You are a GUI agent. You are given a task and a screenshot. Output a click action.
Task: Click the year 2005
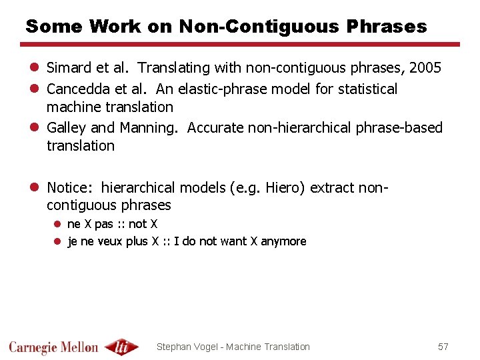(425, 68)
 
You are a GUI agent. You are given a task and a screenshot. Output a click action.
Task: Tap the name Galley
(66, 127)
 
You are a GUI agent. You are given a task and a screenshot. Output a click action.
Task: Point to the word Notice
(69, 187)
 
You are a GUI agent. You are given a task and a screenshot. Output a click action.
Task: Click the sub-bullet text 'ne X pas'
(90, 224)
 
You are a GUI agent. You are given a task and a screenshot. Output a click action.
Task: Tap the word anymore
(283, 241)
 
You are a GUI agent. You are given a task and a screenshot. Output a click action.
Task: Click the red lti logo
(122, 347)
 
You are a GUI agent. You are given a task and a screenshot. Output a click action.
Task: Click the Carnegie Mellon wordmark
(53, 347)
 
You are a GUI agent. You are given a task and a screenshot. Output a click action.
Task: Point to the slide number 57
(443, 347)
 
